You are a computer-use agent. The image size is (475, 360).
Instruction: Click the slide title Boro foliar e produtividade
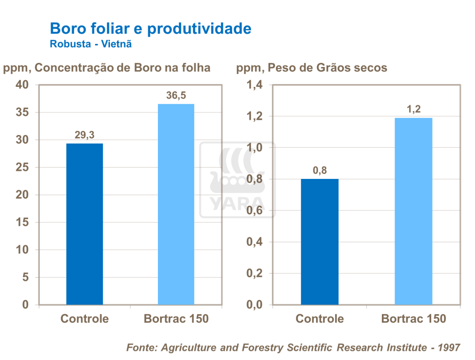150,29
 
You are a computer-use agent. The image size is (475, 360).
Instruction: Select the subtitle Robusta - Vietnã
90,44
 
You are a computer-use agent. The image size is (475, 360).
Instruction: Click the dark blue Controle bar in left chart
85,224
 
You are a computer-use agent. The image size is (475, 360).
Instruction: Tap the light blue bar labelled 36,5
176,204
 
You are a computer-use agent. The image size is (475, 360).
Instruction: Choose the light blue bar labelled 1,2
413,211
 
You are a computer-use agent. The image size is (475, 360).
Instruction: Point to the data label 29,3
84,135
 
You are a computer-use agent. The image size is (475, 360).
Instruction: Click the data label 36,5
176,96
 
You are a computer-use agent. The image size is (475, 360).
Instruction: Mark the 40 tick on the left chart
22,85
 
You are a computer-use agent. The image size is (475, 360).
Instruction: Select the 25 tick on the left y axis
22,168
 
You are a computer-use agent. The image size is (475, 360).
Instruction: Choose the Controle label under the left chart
85,319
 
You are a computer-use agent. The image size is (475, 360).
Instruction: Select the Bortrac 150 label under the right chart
413,319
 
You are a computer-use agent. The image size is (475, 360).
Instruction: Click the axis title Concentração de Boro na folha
122,68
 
